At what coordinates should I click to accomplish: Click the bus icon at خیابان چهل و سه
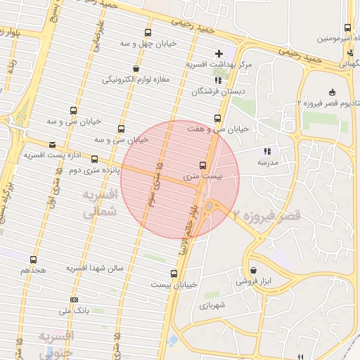(147, 32)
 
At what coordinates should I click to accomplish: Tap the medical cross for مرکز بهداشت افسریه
(219, 53)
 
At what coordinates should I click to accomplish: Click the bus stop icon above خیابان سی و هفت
(217, 118)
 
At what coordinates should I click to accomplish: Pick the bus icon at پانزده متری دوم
(95, 160)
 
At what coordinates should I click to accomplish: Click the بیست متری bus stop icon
(202, 165)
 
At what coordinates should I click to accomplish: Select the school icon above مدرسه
(266, 151)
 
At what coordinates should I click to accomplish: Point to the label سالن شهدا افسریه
(96, 269)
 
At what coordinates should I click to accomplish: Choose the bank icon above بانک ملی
(74, 300)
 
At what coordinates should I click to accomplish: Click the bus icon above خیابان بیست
(174, 274)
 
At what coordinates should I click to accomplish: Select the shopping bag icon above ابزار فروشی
(252, 271)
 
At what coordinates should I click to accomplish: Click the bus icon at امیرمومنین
(347, 28)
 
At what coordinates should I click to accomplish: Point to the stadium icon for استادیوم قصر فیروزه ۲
(331, 92)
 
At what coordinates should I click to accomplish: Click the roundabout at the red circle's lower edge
(209, 206)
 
